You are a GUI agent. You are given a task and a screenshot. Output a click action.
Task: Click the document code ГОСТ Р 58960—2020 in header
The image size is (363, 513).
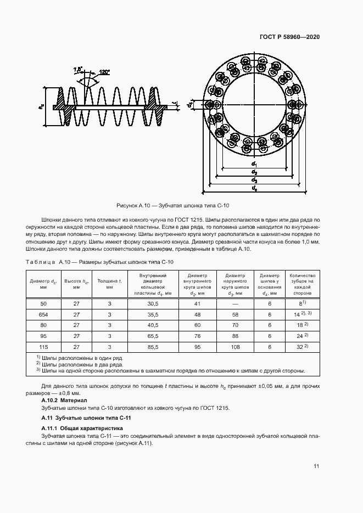[289, 37]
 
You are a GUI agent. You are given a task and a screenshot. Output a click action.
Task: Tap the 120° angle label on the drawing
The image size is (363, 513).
[104, 72]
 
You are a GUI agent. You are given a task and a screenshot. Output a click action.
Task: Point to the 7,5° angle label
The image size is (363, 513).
[77, 69]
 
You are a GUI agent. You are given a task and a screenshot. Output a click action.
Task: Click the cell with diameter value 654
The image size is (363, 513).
[39, 315]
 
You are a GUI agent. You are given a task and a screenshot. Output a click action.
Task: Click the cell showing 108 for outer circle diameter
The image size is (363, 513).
[236, 347]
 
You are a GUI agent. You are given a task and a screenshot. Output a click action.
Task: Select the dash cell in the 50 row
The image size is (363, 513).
[236, 303]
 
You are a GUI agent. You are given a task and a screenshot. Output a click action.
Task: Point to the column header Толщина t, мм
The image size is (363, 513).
[109, 284]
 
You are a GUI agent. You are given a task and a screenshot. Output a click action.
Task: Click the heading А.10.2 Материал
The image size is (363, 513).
[64, 401]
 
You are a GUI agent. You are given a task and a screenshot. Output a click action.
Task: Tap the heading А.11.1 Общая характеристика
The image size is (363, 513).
[82, 427]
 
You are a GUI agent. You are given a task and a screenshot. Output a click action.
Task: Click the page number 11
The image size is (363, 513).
[316, 466]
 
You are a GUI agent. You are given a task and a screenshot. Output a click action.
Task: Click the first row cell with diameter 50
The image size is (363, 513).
[39, 303]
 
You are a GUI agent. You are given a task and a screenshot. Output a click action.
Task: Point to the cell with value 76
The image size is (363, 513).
[197, 336]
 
